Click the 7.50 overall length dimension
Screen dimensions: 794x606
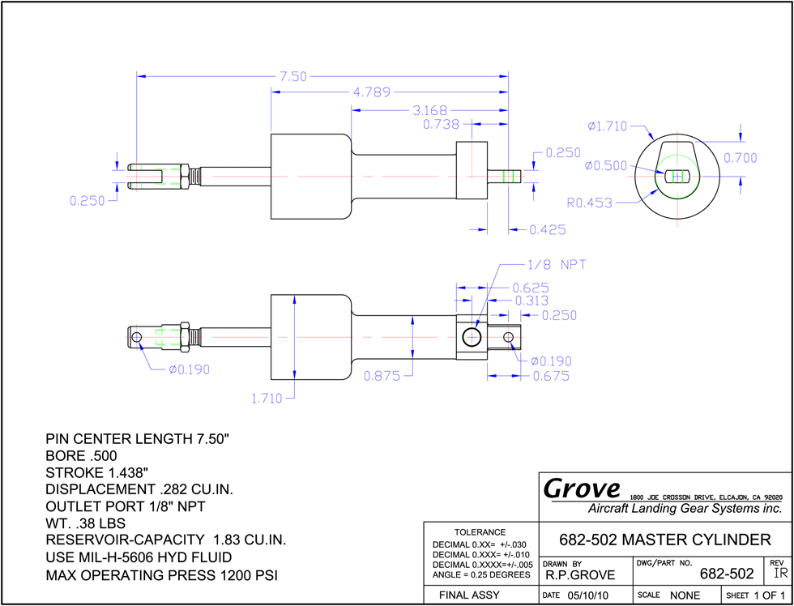pyautogui.click(x=293, y=76)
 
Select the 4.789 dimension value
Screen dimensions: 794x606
pyautogui.click(x=372, y=92)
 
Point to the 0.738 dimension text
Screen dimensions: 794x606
pyautogui.click(x=441, y=124)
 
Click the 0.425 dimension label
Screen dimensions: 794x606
pyautogui.click(x=548, y=230)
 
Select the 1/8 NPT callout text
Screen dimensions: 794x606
pyautogui.click(x=556, y=264)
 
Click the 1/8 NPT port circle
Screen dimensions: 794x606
pyautogui.click(x=472, y=337)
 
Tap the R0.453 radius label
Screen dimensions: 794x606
pyautogui.click(x=590, y=203)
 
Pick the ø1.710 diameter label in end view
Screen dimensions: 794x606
pyautogui.click(x=607, y=126)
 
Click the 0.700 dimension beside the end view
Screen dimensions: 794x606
pyautogui.click(x=740, y=158)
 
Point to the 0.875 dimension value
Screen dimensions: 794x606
pyautogui.click(x=382, y=376)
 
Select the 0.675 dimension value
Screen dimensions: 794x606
pyautogui.click(x=551, y=376)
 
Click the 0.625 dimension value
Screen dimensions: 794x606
pyautogui.click(x=531, y=288)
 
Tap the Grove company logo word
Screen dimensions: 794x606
pyautogui.click(x=582, y=489)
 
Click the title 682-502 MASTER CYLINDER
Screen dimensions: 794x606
pyautogui.click(x=665, y=540)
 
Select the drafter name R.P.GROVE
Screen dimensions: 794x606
pyautogui.click(x=580, y=575)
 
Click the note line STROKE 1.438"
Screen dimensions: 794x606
pyautogui.click(x=96, y=473)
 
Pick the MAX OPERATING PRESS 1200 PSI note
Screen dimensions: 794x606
pyautogui.click(x=161, y=576)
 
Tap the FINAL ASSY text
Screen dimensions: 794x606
pyautogui.click(x=469, y=595)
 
